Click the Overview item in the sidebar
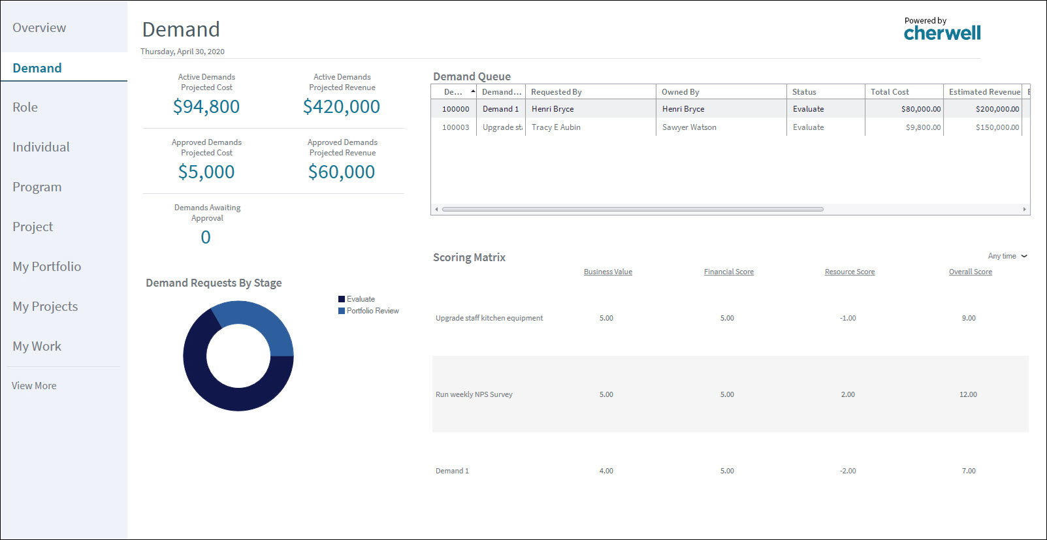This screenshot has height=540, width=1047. tap(39, 28)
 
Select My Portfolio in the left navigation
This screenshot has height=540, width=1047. tap(47, 266)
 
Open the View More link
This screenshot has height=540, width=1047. tap(34, 386)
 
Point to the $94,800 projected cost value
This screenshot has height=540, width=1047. tap(206, 106)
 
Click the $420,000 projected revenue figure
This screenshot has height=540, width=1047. tap(342, 106)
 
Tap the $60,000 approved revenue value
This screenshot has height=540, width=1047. tap(342, 172)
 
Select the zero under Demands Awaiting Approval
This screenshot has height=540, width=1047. tap(206, 237)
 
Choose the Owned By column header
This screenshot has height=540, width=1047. tap(681, 92)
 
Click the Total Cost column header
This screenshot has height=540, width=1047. tap(890, 92)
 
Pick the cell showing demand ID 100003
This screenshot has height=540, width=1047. tap(455, 127)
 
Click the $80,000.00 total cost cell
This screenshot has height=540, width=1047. tap(921, 109)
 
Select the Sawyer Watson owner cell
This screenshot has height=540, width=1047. tap(689, 127)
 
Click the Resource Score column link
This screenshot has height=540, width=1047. tap(850, 272)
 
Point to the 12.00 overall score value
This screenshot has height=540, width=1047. tap(968, 394)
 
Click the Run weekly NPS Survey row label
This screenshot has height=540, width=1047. tap(474, 394)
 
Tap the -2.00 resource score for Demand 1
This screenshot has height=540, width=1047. tap(848, 471)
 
